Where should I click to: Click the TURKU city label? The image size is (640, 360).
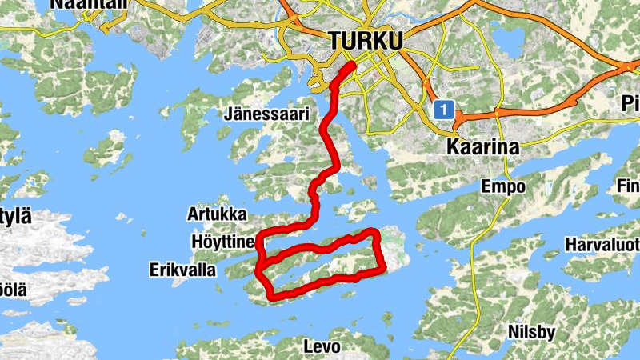tap(366, 41)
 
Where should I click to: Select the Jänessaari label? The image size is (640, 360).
tap(266, 114)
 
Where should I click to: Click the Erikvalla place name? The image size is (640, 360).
tap(182, 270)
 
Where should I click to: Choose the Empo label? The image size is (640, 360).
tap(503, 187)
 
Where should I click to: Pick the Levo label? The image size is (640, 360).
tap(322, 347)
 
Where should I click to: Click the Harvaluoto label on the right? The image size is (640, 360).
tap(602, 244)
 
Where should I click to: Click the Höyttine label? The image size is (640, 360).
tap(223, 242)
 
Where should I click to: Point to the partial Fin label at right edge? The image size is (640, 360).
tap(628, 186)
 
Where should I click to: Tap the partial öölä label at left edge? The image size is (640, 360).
tap(13, 289)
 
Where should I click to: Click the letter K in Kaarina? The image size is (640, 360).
tap(451, 147)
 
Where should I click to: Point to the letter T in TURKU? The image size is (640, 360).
tap(334, 41)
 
